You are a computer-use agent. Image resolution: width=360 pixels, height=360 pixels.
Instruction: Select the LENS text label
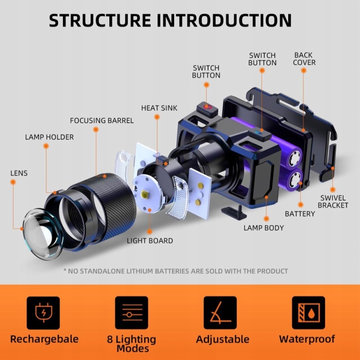point(19,173)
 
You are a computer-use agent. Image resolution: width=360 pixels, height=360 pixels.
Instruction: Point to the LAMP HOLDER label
point(49,137)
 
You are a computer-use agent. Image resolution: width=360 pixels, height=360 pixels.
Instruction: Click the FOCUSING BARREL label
point(102,121)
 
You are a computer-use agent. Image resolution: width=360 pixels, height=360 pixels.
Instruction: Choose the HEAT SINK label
point(159,108)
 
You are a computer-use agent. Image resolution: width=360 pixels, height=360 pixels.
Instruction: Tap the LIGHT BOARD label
point(150,241)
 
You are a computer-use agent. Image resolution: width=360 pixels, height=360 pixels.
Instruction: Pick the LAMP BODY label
point(264,228)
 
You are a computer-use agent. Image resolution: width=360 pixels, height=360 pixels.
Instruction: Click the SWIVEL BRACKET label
point(333,202)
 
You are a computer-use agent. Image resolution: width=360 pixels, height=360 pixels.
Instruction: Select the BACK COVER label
point(304,59)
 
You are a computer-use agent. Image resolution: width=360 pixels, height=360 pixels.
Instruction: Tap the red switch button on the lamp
point(207,107)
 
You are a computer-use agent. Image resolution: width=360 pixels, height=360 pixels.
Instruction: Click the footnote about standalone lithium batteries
point(175,271)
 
